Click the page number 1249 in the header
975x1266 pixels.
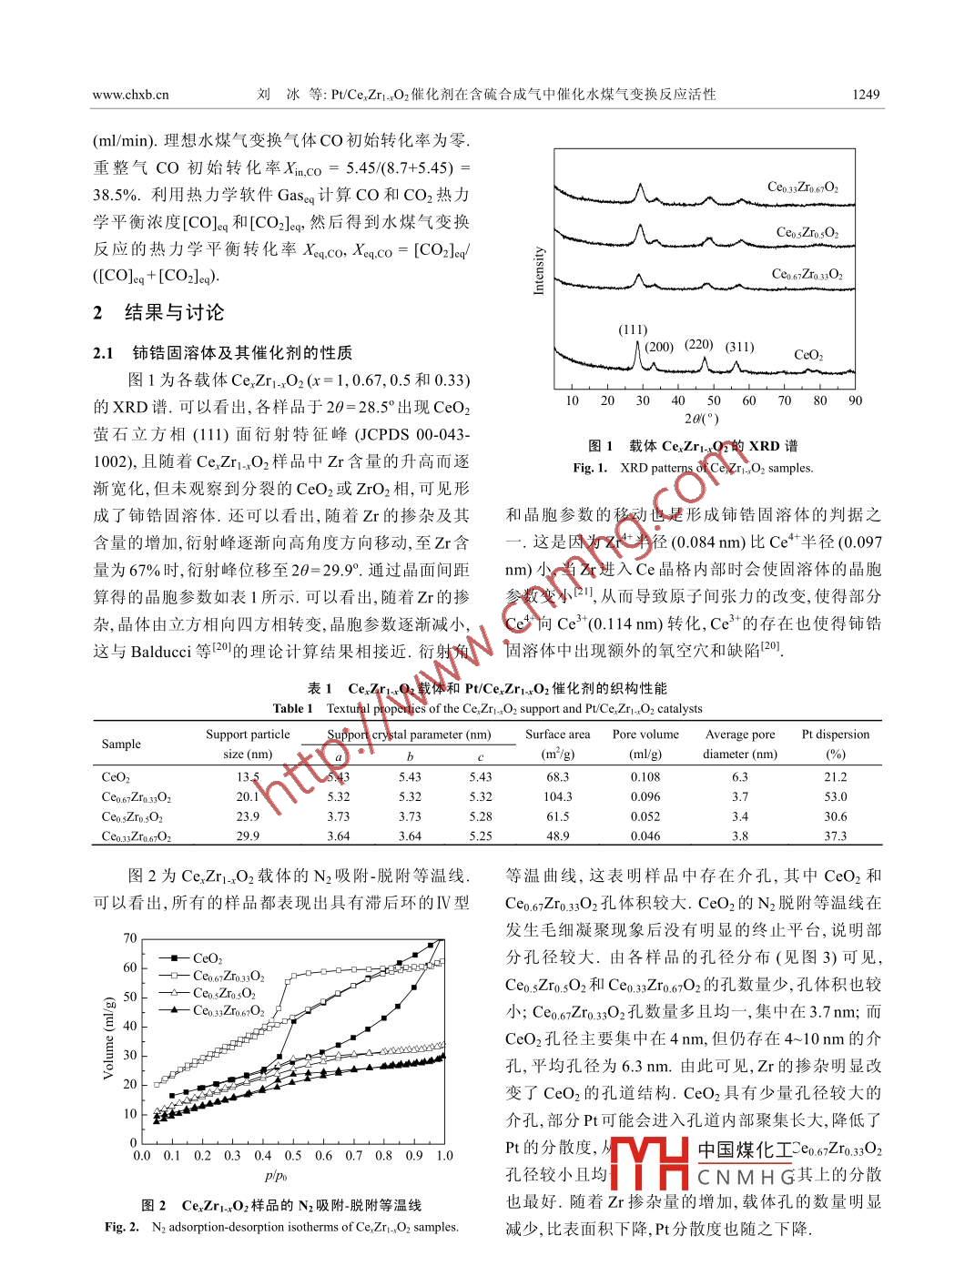tap(865, 94)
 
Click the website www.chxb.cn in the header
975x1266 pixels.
tap(130, 94)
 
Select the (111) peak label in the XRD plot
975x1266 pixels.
tap(633, 329)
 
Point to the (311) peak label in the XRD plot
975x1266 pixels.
tap(739, 346)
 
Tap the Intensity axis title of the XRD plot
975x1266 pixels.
tap(538, 270)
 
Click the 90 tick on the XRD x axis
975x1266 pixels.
tap(855, 400)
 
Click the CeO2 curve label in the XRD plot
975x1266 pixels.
tap(808, 355)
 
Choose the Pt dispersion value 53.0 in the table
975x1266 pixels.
tap(835, 796)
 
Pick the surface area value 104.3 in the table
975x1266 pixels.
tap(557, 796)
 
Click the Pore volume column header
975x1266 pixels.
tap(645, 734)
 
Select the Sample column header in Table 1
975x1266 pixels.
tap(121, 744)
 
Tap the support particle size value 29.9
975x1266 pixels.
tap(248, 836)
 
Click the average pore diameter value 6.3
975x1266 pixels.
tap(739, 776)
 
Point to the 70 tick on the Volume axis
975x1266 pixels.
tap(130, 938)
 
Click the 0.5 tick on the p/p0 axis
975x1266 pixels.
tap(293, 1156)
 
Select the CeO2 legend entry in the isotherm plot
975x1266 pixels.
tap(208, 957)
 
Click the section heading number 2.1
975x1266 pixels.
tap(103, 353)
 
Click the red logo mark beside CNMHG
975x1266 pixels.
tap(650, 1162)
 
